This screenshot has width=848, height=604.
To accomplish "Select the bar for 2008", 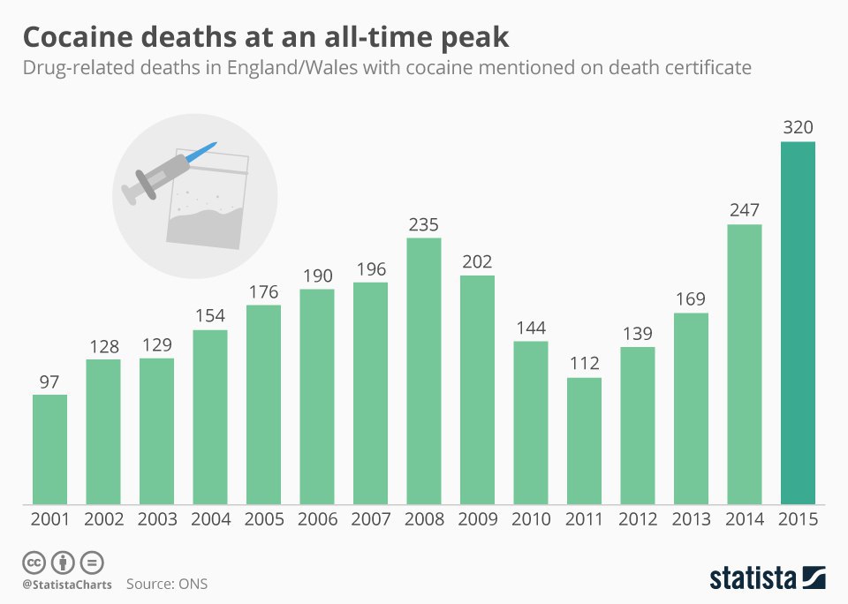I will point(424,371).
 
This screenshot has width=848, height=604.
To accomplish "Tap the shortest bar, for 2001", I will point(49,449).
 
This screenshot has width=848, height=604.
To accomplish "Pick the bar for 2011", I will point(584,442).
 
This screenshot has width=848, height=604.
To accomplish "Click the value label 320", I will point(798,127).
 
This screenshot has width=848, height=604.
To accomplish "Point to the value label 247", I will point(744,210).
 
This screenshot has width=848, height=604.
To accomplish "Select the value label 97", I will point(49,381).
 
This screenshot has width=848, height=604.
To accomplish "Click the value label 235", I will point(424,224).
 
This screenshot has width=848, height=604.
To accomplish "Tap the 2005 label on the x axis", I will point(263,519).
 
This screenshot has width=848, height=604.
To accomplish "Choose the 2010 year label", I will point(530,519).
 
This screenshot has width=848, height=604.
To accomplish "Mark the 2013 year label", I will point(691,519).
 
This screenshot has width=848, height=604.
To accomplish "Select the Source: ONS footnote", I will point(167,584).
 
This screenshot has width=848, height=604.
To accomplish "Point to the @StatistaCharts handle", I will point(67,585).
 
